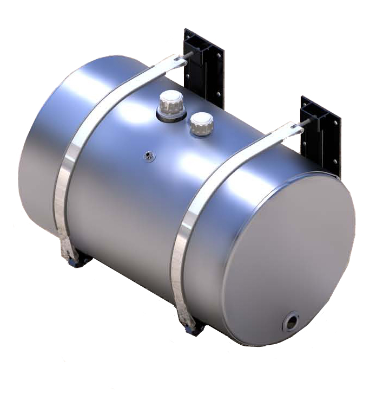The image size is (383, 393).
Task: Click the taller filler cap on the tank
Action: point(171,101)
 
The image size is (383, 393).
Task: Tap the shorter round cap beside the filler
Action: point(201,123)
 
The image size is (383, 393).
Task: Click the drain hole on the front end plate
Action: point(292,322)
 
